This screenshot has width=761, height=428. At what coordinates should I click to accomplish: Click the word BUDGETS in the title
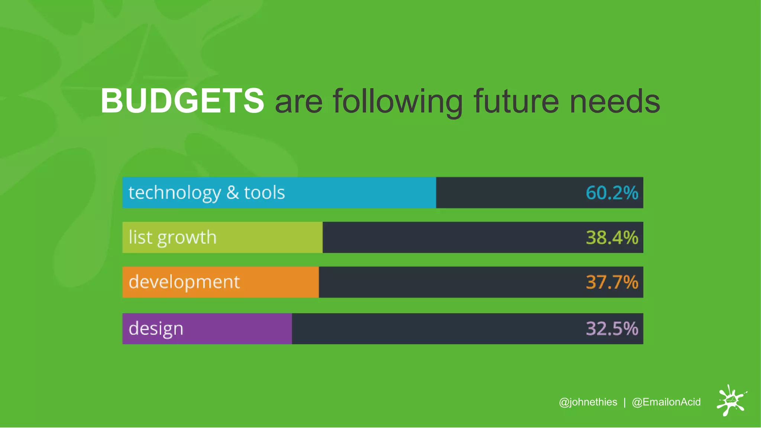coord(182,101)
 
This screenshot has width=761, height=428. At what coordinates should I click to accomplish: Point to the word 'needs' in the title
coord(615,101)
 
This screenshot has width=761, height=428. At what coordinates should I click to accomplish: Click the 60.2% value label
coord(612,193)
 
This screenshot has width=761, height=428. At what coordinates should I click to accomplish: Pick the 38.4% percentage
coord(612,237)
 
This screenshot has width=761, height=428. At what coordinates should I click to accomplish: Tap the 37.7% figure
coord(612,282)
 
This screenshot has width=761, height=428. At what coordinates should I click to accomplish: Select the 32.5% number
coord(612,328)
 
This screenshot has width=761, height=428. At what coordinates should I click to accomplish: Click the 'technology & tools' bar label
coord(207,193)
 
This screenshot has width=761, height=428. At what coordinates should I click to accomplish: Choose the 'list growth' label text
coord(172,237)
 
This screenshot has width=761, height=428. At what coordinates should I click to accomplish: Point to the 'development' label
coord(184,282)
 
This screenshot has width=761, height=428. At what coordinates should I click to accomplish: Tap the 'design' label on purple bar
coord(156,329)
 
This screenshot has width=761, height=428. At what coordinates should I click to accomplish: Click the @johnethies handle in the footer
coord(588,402)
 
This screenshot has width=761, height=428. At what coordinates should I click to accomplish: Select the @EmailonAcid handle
coord(666,402)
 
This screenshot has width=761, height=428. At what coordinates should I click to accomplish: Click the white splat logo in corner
coord(731,401)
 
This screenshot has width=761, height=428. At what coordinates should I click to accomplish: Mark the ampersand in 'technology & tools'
coord(233,193)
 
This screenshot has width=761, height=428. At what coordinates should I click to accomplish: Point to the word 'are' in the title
coord(298,102)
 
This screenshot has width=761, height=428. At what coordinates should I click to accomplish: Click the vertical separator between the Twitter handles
coord(625,402)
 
